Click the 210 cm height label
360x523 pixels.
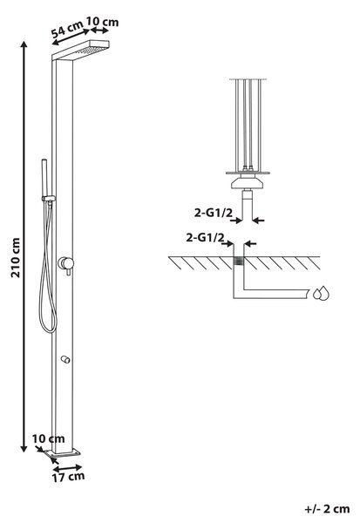[16, 257]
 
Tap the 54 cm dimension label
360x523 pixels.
[68, 30]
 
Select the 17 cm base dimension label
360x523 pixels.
[68, 477]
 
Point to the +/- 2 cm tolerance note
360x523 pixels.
[327, 509]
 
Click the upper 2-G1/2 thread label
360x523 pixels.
[213, 213]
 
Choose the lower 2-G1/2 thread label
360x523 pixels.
[205, 237]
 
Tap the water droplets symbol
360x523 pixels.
[321, 293]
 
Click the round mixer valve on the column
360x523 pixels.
[65, 263]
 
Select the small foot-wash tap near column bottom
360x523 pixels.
[65, 359]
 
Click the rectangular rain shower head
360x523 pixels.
[81, 50]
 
